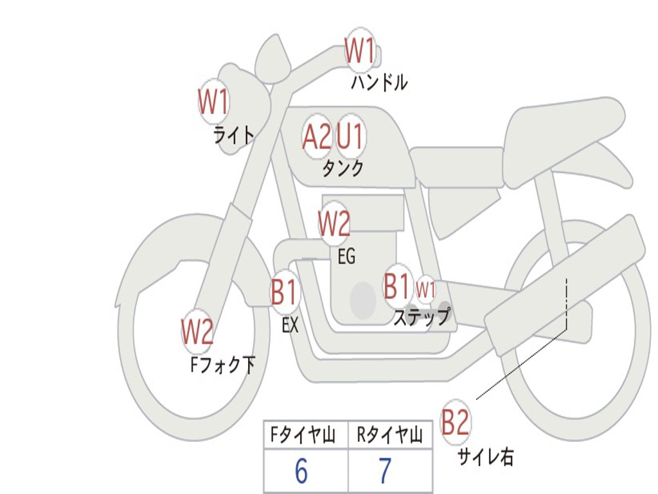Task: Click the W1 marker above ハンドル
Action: (x=360, y=50)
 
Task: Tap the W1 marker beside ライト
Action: (x=213, y=101)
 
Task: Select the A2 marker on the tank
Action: (x=317, y=136)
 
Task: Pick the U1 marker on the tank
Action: (x=351, y=136)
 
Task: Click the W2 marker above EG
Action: (x=334, y=224)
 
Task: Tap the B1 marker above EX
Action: (x=285, y=293)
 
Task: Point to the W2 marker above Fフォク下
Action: (x=197, y=332)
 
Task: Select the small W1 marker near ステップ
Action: (x=426, y=289)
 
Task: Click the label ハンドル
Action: (x=379, y=82)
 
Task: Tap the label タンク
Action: (x=342, y=169)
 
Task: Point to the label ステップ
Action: (x=422, y=316)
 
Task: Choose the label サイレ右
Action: (x=486, y=457)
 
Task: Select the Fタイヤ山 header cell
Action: (x=305, y=436)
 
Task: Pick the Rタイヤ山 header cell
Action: (x=390, y=436)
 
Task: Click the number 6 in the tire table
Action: (x=301, y=471)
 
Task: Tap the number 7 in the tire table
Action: (x=385, y=471)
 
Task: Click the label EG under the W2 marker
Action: (x=346, y=257)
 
